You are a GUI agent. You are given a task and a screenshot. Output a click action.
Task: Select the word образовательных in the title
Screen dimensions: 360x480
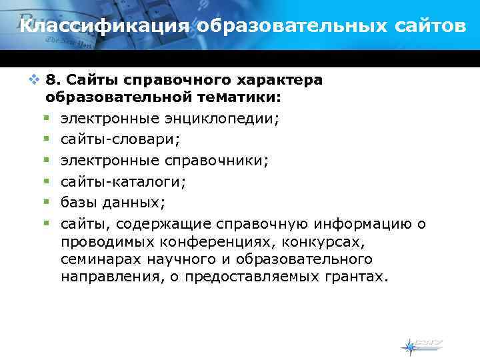point(286,27)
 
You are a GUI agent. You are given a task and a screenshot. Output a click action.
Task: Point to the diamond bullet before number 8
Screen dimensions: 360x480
point(35,80)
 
